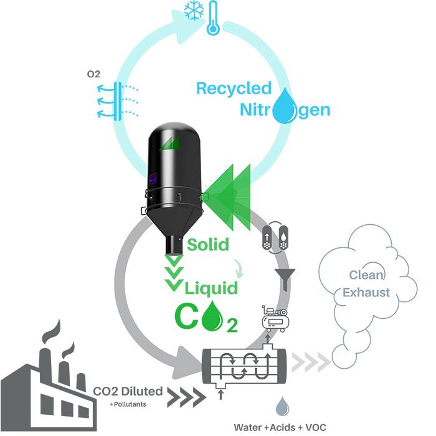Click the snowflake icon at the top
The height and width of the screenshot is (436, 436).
coord(194,10)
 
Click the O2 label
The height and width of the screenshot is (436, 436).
coord(93,75)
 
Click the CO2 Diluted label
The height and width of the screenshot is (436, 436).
coord(128,392)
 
